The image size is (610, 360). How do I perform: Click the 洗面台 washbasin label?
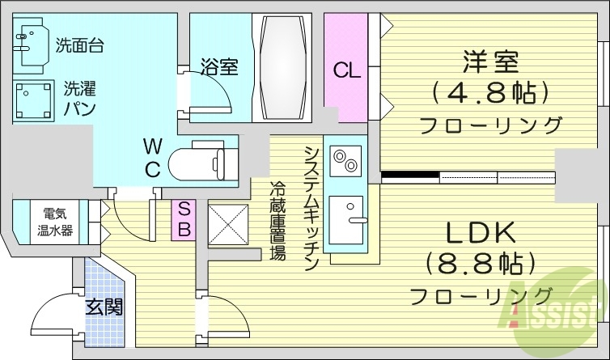[x=79, y=46]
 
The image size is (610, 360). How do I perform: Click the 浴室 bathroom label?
[x=218, y=67]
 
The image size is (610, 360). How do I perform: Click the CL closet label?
[x=346, y=70]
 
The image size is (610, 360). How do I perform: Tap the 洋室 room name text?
[x=490, y=61]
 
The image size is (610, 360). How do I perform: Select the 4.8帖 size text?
[x=490, y=92]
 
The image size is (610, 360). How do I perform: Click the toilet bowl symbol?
[x=198, y=161]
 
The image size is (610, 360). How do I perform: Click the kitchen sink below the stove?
[x=345, y=213]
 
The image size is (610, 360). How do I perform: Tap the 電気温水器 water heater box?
[x=56, y=222]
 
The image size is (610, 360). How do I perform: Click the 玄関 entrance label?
[x=104, y=307]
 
